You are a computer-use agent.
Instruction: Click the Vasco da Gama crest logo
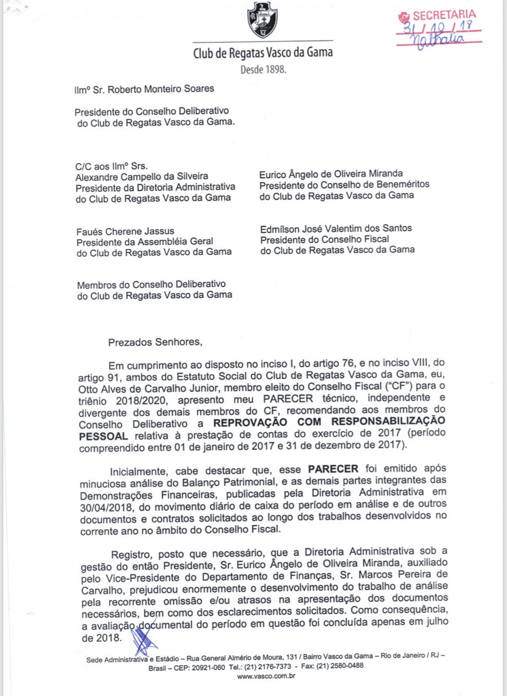262,21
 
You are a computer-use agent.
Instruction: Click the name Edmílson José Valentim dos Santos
336,228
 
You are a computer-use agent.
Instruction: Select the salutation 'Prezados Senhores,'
155,342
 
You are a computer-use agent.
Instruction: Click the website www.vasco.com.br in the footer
266,676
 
